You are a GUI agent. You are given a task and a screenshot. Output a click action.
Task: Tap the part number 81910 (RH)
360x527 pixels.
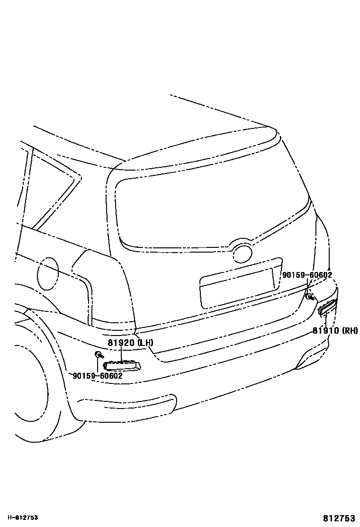pyautogui.click(x=335, y=330)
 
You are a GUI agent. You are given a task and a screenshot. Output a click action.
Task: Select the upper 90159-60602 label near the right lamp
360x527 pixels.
pyautogui.click(x=306, y=275)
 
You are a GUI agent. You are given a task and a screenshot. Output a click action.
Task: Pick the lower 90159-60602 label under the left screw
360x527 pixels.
pyautogui.click(x=98, y=376)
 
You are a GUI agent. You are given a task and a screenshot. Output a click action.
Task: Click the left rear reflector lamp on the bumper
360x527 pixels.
pyautogui.click(x=122, y=365)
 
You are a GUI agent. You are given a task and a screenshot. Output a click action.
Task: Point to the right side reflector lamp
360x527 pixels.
pyautogui.click(x=327, y=307)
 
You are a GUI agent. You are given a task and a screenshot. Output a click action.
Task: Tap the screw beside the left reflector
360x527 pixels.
pyautogui.click(x=99, y=355)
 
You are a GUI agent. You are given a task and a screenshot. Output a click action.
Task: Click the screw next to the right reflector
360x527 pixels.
pyautogui.click(x=309, y=297)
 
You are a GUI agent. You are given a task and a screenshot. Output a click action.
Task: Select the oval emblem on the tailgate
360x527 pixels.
pyautogui.click(x=243, y=254)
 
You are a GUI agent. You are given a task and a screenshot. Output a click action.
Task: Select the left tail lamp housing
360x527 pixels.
pyautogui.click(x=107, y=289)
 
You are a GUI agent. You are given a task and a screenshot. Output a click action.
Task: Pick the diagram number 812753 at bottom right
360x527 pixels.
pyautogui.click(x=340, y=518)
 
